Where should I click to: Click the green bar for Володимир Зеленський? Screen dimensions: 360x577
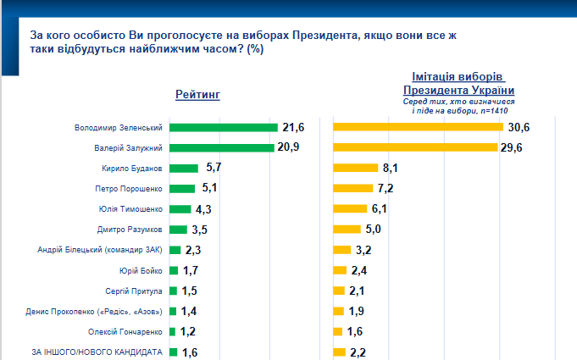click(224, 127)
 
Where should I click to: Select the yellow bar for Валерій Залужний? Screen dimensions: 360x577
click(414, 147)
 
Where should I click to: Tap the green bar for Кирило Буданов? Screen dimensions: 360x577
click(184, 168)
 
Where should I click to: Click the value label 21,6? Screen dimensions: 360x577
click(293, 127)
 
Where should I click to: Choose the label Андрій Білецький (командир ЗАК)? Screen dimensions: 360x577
click(101, 250)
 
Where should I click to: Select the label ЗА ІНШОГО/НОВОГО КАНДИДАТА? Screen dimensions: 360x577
click(97, 352)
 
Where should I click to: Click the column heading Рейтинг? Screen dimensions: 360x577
click(197, 94)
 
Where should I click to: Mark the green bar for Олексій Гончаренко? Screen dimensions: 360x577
click(173, 331)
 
